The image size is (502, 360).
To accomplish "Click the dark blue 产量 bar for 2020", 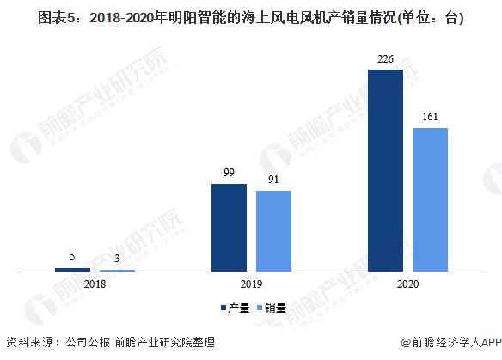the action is click(385, 171).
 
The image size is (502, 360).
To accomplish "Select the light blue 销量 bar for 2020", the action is click(430, 199).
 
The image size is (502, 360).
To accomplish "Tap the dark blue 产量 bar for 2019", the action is click(229, 228).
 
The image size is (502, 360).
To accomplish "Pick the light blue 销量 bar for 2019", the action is click(273, 231).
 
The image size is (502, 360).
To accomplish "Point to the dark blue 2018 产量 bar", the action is click(73, 270).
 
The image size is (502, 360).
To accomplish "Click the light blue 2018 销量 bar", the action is click(117, 271).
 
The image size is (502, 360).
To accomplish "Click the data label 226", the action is click(385, 59).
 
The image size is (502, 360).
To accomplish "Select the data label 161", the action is click(430, 117).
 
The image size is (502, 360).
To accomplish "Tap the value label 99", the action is click(229, 173).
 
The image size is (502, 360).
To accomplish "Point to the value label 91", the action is click(273, 180).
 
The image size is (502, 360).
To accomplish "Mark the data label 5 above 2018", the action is click(73, 257).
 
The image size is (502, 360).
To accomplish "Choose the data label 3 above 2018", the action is click(117, 259).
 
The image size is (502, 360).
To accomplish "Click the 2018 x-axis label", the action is click(95, 284).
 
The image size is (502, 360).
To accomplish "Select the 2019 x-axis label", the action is click(251, 284).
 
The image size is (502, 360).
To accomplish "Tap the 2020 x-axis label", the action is click(407, 284).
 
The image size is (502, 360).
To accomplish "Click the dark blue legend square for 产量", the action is click(223, 308).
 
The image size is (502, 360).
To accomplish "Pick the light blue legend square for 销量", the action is click(260, 308).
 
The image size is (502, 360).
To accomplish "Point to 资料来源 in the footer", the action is click(30, 343).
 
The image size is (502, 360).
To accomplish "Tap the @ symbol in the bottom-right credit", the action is click(406, 343).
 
